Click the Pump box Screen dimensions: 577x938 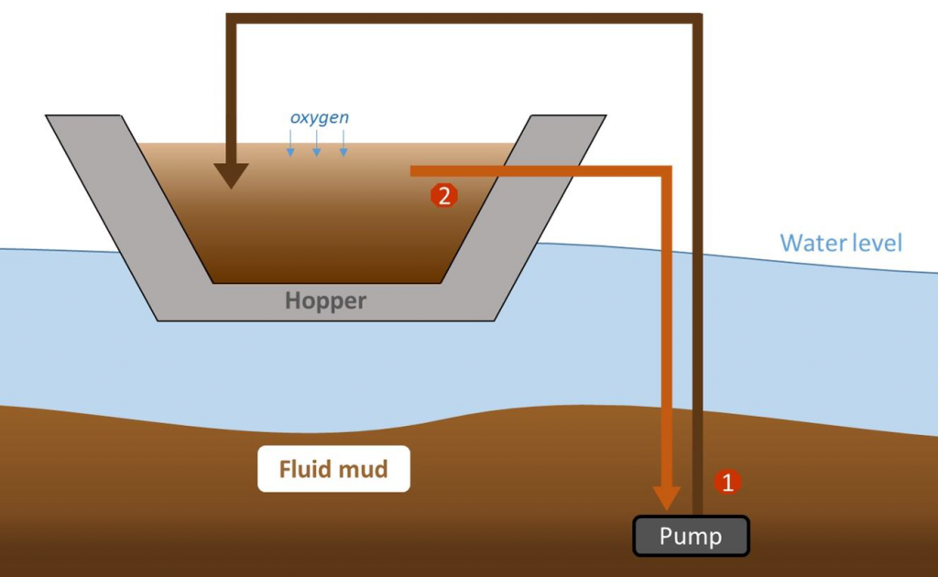click(x=692, y=537)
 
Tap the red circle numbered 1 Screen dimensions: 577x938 click(x=727, y=482)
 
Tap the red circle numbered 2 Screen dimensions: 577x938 click(x=443, y=195)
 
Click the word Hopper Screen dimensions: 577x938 click(x=326, y=300)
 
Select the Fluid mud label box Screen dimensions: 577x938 click(x=333, y=470)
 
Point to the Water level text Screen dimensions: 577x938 click(x=841, y=243)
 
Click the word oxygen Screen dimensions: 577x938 click(x=319, y=118)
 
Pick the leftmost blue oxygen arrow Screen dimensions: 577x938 click(x=290, y=143)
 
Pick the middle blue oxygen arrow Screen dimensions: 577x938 click(x=317, y=143)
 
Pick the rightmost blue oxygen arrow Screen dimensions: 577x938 click(x=344, y=143)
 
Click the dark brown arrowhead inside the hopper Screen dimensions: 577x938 click(x=232, y=174)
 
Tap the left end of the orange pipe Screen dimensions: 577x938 click(x=414, y=171)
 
